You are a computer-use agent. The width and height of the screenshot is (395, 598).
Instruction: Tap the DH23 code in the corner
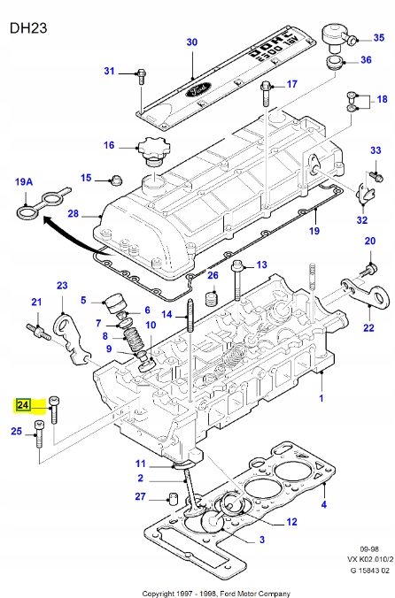(28, 27)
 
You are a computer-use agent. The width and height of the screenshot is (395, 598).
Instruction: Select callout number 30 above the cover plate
(192, 42)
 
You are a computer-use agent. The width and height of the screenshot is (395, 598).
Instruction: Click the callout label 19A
(25, 182)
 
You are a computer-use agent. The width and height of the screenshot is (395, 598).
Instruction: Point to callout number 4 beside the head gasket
(323, 505)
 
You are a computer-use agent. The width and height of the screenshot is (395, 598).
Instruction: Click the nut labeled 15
(115, 180)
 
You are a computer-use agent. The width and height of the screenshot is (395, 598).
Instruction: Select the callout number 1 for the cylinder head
(321, 399)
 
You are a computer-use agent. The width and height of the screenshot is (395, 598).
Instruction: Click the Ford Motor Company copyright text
(197, 590)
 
